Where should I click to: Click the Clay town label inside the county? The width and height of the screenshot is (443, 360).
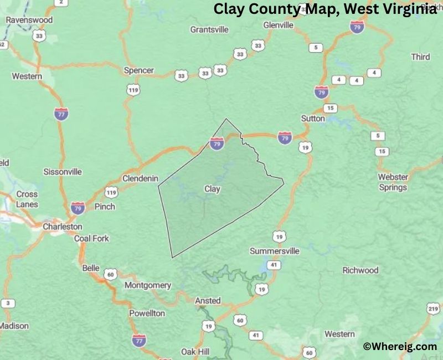click(x=212, y=189)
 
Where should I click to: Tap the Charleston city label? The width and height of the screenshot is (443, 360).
click(x=63, y=227)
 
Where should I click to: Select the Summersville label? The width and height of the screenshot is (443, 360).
click(x=275, y=251)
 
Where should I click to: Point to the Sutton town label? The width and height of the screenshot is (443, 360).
click(x=313, y=119)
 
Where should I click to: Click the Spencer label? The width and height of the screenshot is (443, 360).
click(x=138, y=71)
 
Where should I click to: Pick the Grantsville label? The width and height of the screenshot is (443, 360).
click(x=209, y=29)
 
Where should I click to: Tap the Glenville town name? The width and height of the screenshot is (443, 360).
click(x=278, y=25)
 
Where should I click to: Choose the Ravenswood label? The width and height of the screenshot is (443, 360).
click(x=29, y=20)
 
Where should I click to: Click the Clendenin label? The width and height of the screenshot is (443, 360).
click(x=140, y=178)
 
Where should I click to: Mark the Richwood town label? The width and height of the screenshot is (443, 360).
click(x=360, y=270)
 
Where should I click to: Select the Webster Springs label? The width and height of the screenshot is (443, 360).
click(x=393, y=182)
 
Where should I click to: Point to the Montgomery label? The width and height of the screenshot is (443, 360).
click(x=148, y=285)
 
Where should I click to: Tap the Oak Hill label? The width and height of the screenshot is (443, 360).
click(x=195, y=352)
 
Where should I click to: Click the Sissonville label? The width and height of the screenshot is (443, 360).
click(x=63, y=172)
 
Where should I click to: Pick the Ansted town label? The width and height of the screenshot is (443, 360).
click(x=208, y=301)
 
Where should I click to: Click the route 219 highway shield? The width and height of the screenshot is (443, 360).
click(x=434, y=308)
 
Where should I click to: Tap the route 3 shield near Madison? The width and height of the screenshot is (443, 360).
click(x=8, y=304)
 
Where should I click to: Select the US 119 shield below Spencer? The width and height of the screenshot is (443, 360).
click(x=132, y=89)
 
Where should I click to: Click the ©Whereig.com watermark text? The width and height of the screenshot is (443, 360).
click(x=400, y=346)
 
